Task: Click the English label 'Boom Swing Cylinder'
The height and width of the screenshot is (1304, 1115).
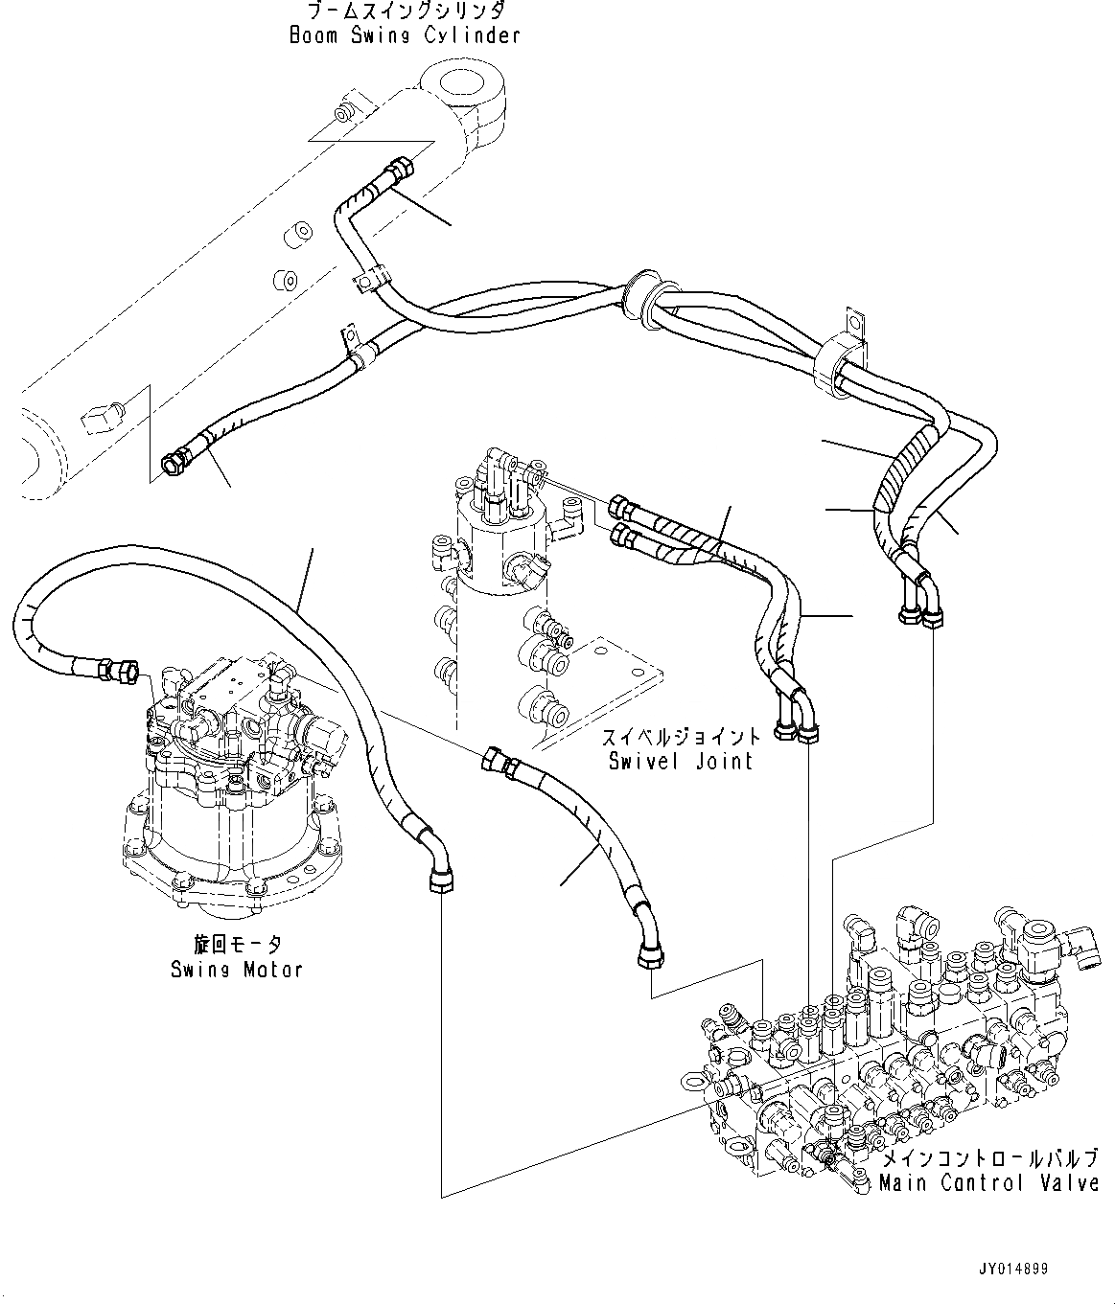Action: click(x=404, y=35)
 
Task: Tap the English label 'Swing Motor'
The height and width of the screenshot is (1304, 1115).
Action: click(x=237, y=969)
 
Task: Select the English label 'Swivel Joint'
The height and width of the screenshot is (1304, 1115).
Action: click(x=681, y=761)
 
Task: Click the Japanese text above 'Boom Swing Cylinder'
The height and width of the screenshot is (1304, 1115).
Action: click(x=405, y=11)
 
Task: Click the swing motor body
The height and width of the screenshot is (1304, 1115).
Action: click(x=230, y=814)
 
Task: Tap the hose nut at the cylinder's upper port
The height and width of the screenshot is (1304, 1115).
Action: click(x=397, y=173)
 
